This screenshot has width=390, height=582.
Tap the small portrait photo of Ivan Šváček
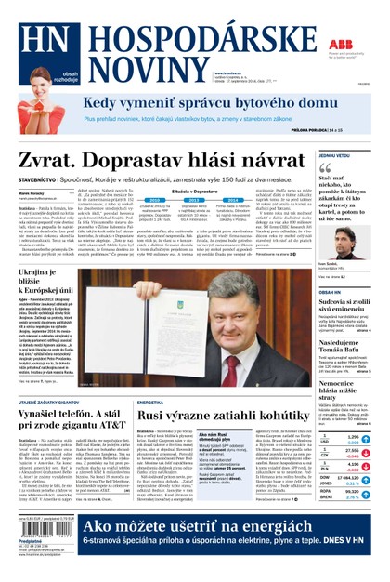pos(331,245)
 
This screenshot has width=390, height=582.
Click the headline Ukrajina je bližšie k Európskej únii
pos(52,278)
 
